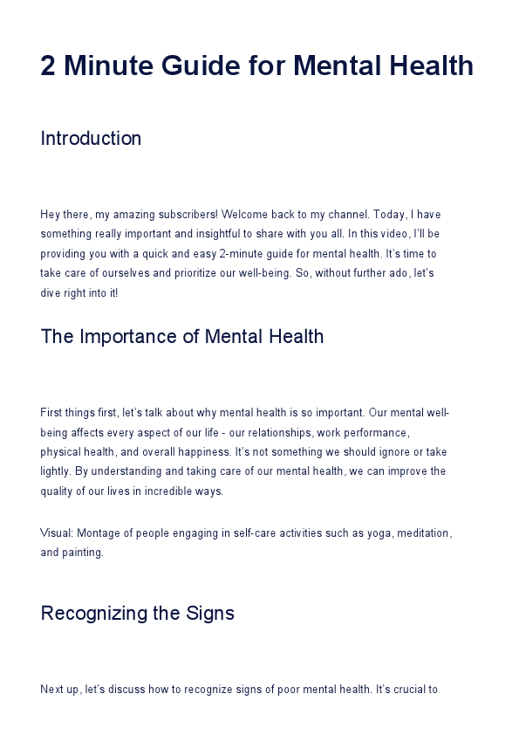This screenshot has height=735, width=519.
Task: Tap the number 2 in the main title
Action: pos(49,65)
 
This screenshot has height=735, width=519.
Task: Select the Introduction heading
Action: pos(91,139)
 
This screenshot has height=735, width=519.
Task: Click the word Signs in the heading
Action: pos(208,613)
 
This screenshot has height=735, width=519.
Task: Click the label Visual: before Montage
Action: pos(56,532)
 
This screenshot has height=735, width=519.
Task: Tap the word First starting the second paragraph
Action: pos(51,412)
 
